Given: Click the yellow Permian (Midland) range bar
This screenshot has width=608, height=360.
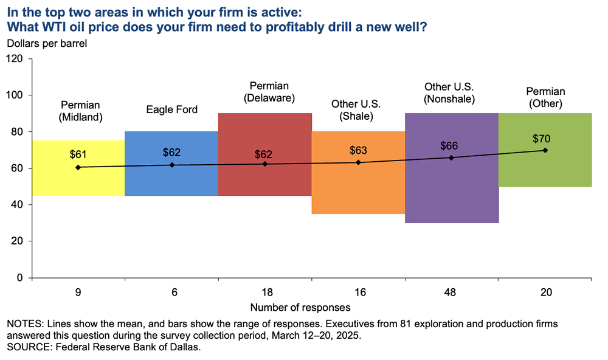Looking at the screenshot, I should tap(78, 182).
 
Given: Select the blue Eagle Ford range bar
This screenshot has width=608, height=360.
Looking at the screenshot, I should tap(171, 182).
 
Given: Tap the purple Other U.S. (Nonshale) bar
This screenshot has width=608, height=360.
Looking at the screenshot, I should tap(452, 189).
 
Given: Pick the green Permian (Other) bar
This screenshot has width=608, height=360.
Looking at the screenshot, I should tap(545, 173).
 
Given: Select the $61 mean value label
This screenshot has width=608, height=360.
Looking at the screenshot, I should tap(78, 154).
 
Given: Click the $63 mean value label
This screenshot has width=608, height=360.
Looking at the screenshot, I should tap(359, 150).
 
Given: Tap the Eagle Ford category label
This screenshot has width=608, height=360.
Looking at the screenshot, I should tap(172, 110).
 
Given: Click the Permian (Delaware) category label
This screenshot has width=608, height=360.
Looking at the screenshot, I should tap(265, 91).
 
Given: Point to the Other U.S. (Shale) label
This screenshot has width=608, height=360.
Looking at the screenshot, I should tap(358, 110).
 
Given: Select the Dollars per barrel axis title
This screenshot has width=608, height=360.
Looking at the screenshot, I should tap(47, 43).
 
